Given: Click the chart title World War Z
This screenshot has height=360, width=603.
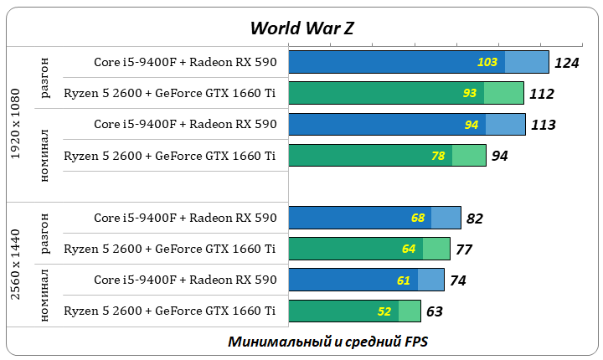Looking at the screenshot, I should [x=301, y=27].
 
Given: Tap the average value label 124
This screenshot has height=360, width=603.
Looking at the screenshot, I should [x=567, y=63].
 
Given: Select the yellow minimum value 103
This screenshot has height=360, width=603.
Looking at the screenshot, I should [x=487, y=62].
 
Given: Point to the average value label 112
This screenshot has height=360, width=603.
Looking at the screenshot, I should [x=542, y=94].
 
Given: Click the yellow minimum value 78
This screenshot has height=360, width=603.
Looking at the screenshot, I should [x=437, y=156].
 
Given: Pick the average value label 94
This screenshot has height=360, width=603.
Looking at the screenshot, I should [x=499, y=156].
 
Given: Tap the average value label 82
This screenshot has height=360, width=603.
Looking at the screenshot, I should [x=475, y=219].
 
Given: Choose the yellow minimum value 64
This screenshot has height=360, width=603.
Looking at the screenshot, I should [x=409, y=249].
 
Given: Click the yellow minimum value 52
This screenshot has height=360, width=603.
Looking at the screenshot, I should [x=384, y=311].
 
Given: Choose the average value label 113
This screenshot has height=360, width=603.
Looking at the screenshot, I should [x=544, y=125].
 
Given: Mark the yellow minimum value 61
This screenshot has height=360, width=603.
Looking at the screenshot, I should [x=404, y=280].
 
